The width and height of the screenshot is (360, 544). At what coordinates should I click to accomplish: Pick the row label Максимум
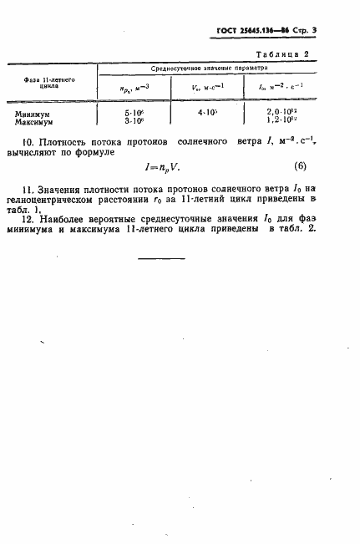coord(35,119)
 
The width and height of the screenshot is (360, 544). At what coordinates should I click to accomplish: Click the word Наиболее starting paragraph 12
coord(79,221)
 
